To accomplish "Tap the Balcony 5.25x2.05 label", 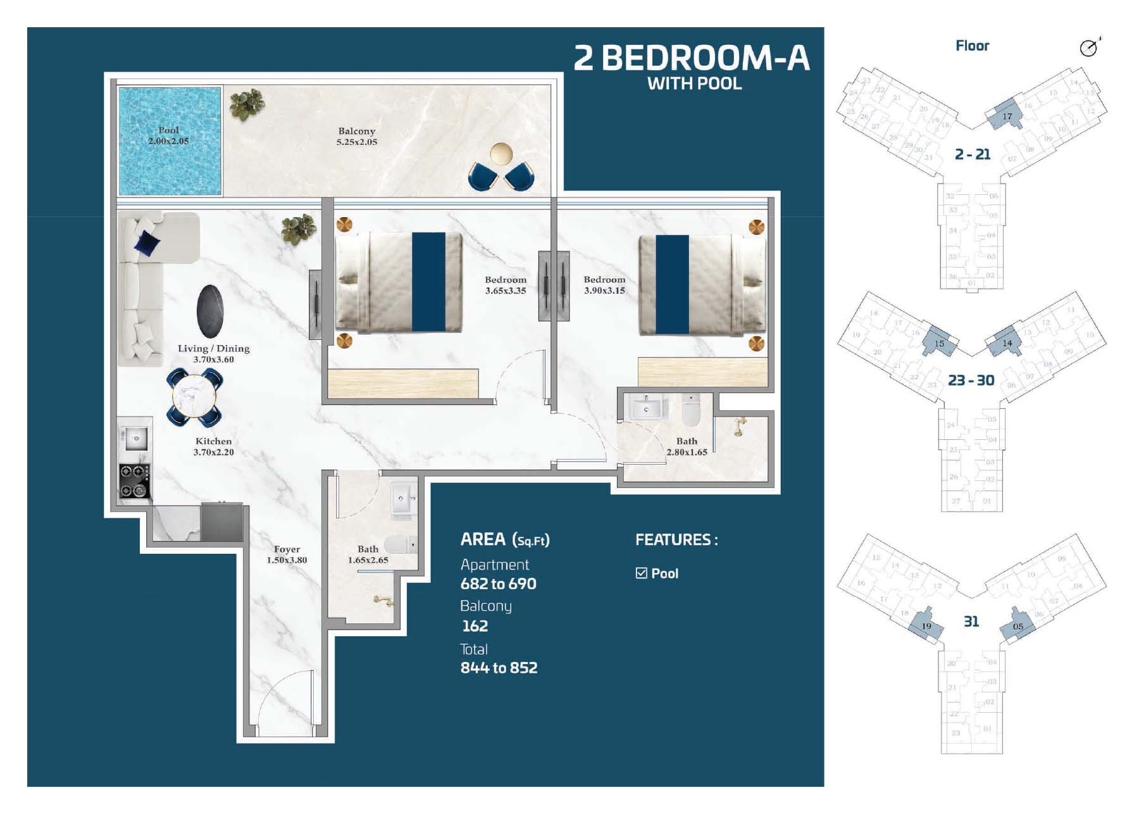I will point(356,137).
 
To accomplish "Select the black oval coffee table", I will point(209,312).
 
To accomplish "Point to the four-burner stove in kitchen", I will point(134,480).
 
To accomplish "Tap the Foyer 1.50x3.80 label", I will point(287,554).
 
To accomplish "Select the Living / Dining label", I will point(213,349).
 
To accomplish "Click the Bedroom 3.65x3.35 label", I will point(505,285).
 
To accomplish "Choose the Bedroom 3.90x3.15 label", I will point(604,285).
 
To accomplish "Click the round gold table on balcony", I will point(502,154).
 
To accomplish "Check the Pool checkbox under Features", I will point(641,573).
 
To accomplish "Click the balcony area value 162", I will point(475,626).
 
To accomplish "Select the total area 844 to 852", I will point(499,668).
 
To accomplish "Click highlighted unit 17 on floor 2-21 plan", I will point(1006,116).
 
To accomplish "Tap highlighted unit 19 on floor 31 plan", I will point(926,626).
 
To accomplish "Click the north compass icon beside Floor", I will point(1088,47).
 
